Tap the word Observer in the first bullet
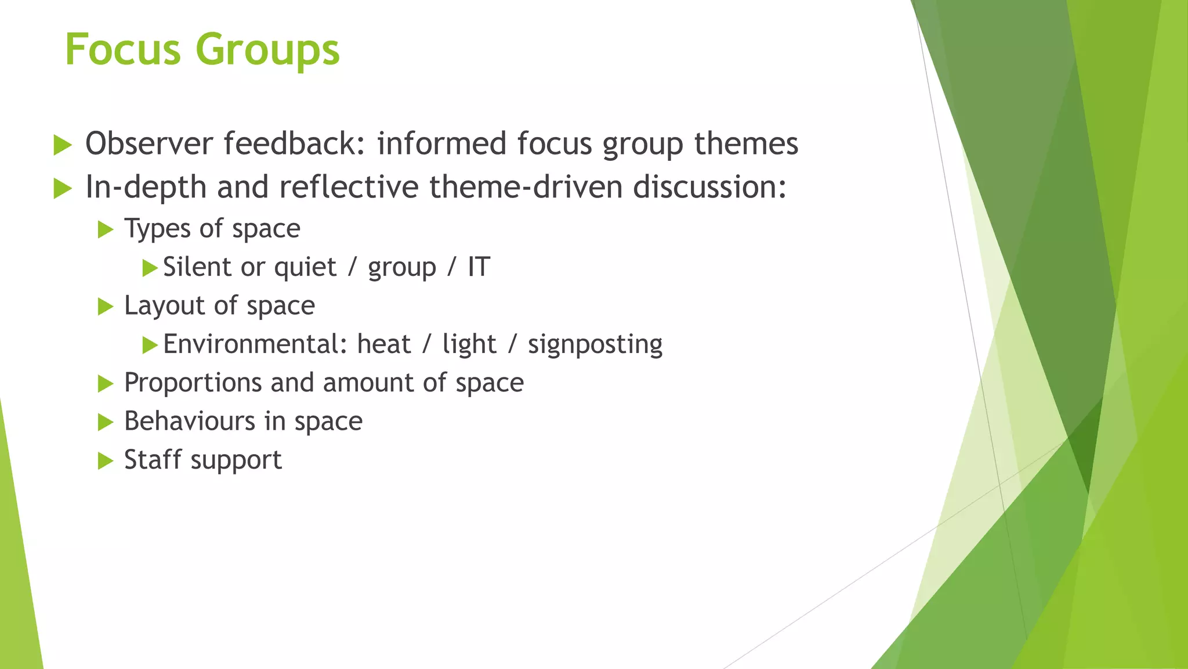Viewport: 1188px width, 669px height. (149, 143)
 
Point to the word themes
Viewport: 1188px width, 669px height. (746, 143)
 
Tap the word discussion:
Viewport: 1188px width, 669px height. (709, 187)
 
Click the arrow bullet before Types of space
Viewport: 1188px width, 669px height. (106, 229)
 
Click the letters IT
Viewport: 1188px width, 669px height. (479, 267)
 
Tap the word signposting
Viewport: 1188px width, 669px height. (595, 344)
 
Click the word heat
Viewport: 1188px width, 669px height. (383, 344)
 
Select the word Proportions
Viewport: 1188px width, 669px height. (193, 383)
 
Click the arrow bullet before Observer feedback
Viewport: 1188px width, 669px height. (62, 145)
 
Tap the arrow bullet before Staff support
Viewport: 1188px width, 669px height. (106, 461)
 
